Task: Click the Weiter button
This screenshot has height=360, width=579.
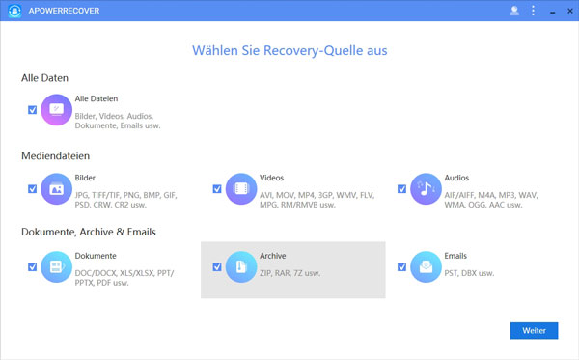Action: coord(534,330)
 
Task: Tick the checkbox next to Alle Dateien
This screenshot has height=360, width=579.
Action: coord(33,110)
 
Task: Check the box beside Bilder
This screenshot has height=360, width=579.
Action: coord(33,188)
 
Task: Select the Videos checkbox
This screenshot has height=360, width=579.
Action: coord(217,188)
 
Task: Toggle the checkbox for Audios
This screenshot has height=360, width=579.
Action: coord(401,188)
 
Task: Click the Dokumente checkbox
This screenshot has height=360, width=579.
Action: coord(33,266)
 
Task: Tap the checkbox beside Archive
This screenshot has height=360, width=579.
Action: coord(217,266)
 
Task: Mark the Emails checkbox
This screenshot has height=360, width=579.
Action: coord(401,266)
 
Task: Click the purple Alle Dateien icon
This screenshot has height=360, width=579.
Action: coord(57,111)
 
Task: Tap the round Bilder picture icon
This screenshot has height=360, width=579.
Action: coord(57,189)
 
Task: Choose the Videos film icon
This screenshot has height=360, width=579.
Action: coord(241,189)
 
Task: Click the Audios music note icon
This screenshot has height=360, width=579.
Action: coord(426,189)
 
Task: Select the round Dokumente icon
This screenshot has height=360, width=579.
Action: coord(57,267)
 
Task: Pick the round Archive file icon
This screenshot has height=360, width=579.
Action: coord(241,267)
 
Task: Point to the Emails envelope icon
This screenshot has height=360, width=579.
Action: coord(426,267)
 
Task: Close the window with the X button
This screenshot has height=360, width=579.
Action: coord(567,11)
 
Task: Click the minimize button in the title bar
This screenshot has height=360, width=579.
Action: coord(550,11)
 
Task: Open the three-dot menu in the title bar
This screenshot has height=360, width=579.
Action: coord(533,11)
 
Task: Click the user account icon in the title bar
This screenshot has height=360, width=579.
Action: coord(514,11)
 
